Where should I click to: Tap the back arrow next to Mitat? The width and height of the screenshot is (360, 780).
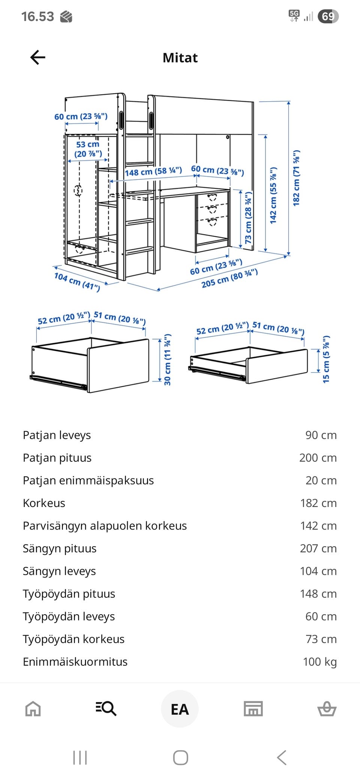(x=37, y=57)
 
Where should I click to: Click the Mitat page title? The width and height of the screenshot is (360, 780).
(x=180, y=58)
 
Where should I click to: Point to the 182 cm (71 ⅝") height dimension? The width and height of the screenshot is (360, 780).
(x=296, y=178)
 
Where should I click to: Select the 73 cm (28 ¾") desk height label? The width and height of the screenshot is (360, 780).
(x=248, y=218)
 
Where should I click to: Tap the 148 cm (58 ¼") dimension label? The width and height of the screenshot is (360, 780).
(x=153, y=172)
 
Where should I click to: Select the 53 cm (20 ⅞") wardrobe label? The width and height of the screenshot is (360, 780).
(x=88, y=149)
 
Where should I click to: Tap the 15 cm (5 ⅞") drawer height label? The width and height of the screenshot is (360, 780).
(x=326, y=359)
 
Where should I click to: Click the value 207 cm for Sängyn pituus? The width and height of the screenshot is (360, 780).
(x=318, y=548)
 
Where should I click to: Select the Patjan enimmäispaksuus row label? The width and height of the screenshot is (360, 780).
(x=88, y=480)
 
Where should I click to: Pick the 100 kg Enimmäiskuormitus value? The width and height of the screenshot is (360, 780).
(x=319, y=661)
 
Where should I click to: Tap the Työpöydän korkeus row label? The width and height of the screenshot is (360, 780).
(x=73, y=639)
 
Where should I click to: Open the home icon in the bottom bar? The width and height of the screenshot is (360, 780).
(x=33, y=709)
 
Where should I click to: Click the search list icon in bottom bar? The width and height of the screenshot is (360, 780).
(x=106, y=709)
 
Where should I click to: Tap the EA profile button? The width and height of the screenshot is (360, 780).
(x=180, y=709)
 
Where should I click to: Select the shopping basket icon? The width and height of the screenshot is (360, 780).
(x=327, y=709)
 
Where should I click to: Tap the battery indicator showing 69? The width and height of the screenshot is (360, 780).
(x=328, y=16)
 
